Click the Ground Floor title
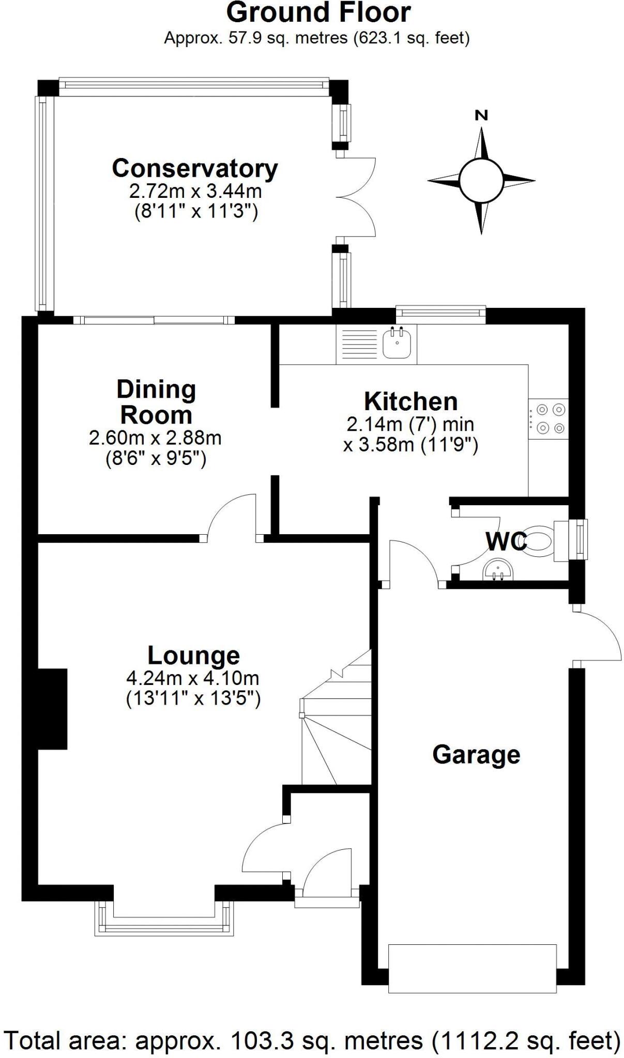318,12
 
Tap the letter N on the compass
481,116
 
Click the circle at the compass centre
481,181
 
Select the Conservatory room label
195,168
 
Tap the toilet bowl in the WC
539,541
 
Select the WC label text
506,541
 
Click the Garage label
476,754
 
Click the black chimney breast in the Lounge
52,709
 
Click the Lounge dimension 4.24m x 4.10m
192,678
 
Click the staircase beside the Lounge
336,728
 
